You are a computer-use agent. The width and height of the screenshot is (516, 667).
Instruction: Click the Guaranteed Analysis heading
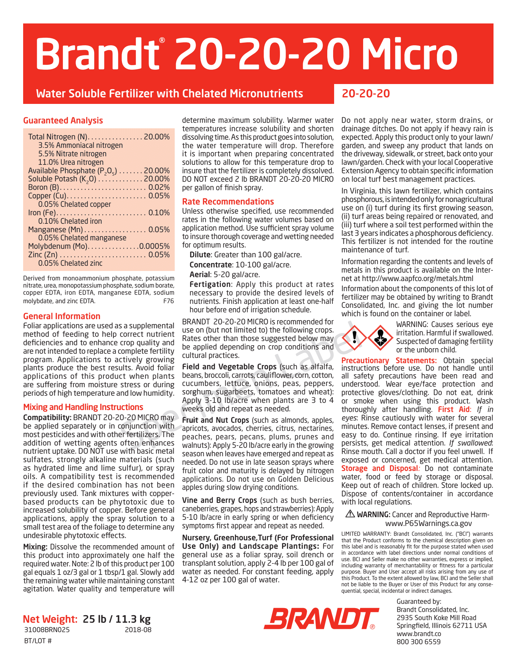pos(63,121)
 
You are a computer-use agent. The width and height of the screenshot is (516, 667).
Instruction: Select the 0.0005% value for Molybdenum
pos(155,246)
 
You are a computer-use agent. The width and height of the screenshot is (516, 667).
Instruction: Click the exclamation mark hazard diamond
pos(354,337)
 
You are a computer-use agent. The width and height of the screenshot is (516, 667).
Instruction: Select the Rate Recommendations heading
pos(228,202)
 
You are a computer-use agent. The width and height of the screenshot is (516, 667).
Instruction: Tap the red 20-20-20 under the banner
pos(366,94)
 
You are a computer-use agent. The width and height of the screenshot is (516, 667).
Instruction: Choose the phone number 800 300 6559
pos(419,642)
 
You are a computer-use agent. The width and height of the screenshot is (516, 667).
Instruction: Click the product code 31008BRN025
pos(47,630)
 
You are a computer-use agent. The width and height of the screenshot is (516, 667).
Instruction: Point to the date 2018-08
pos(138,630)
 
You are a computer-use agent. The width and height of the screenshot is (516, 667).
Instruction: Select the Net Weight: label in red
pos(50,619)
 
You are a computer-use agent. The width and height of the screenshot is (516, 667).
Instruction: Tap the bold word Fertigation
pos(210,284)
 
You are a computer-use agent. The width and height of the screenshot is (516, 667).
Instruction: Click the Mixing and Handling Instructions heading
pos(83,407)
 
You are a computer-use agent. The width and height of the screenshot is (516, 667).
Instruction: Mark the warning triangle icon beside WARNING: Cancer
pos(350,514)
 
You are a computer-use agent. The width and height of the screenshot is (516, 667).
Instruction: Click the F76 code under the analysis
pos(169,301)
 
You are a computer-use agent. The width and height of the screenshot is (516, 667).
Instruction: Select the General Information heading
pos(62,316)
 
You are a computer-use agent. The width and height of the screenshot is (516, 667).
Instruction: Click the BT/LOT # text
pos(38,641)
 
